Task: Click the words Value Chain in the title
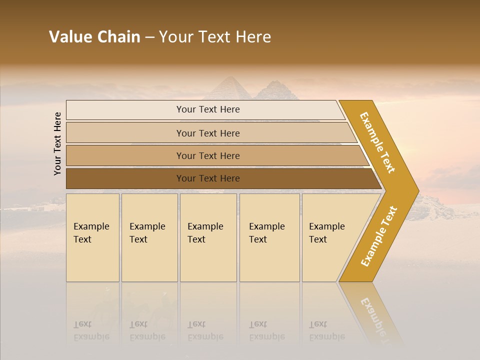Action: pos(94,37)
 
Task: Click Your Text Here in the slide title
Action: pos(215,37)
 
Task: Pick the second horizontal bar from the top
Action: pos(208,133)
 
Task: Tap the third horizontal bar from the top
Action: pos(208,155)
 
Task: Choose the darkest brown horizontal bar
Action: pos(208,178)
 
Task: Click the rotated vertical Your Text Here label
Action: pos(57,143)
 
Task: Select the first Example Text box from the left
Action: pos(92,237)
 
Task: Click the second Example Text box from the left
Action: pos(149,237)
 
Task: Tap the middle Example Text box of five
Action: pos(208,237)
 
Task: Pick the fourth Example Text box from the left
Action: pos(269,237)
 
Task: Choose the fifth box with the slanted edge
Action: pos(330,237)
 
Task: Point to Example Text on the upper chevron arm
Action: pos(378,142)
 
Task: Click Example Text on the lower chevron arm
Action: pos(379,236)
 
